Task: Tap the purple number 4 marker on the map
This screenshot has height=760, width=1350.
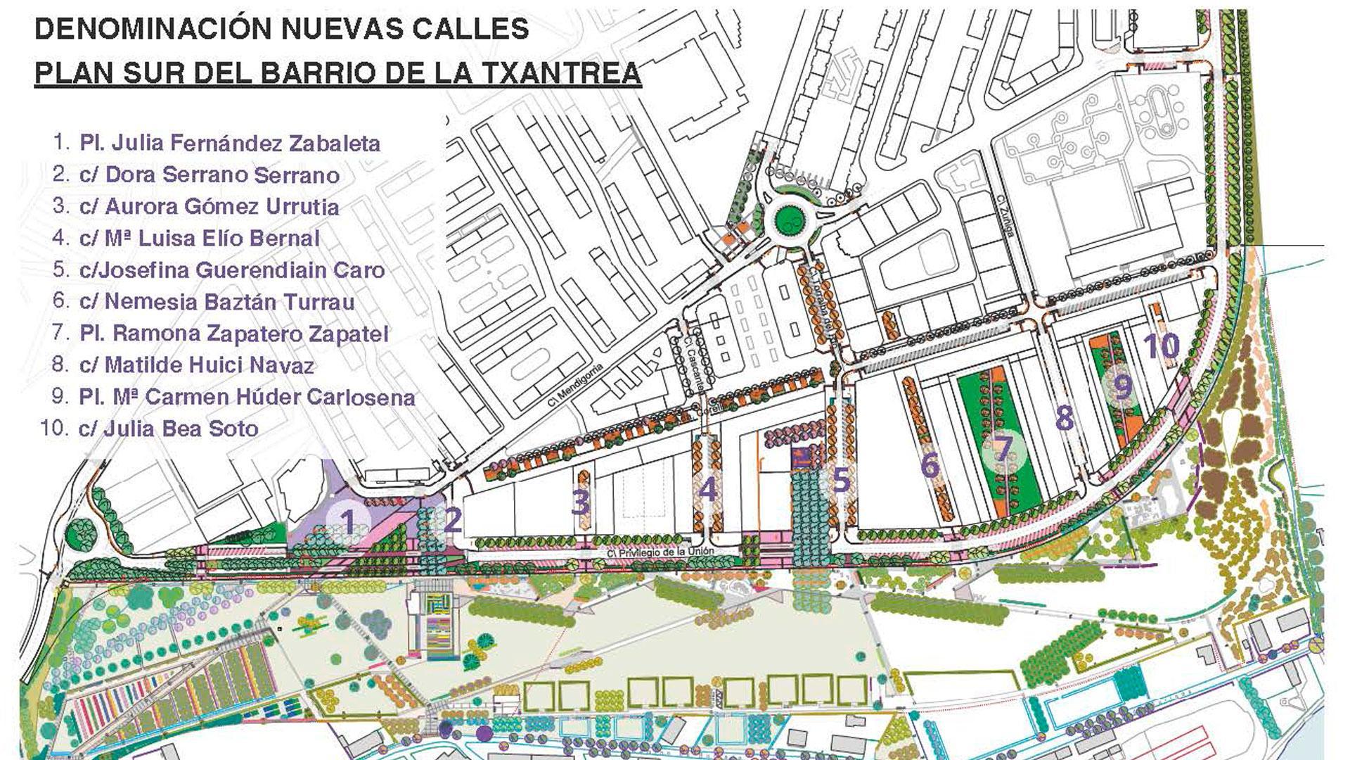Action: (x=707, y=489)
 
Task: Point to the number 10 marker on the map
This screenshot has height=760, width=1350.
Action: (x=1161, y=346)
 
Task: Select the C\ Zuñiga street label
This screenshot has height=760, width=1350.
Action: (x=1006, y=215)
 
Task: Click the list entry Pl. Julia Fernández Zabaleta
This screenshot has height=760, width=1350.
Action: (x=229, y=143)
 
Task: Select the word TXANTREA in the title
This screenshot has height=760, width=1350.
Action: (x=564, y=73)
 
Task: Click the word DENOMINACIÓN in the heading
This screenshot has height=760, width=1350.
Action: (x=150, y=29)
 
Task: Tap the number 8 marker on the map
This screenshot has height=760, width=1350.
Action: (x=1065, y=418)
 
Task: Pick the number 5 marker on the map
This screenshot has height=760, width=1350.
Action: (x=841, y=481)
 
